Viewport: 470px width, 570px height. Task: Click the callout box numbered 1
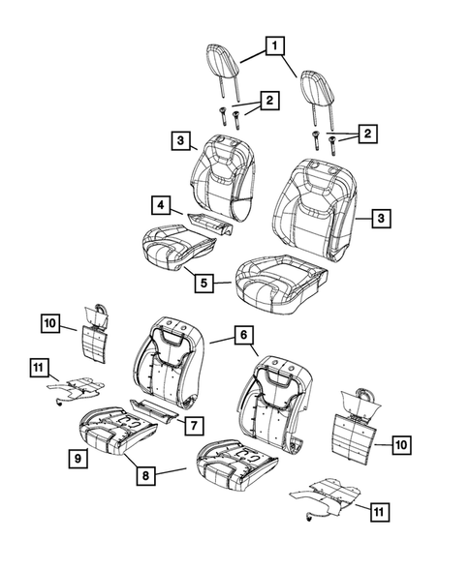276,45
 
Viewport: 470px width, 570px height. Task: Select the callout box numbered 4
159,204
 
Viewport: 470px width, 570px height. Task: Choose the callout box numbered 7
193,426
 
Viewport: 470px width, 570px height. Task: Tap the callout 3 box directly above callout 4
181,142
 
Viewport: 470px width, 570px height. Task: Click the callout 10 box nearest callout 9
50,321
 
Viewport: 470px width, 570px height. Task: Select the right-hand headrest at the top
318,85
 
